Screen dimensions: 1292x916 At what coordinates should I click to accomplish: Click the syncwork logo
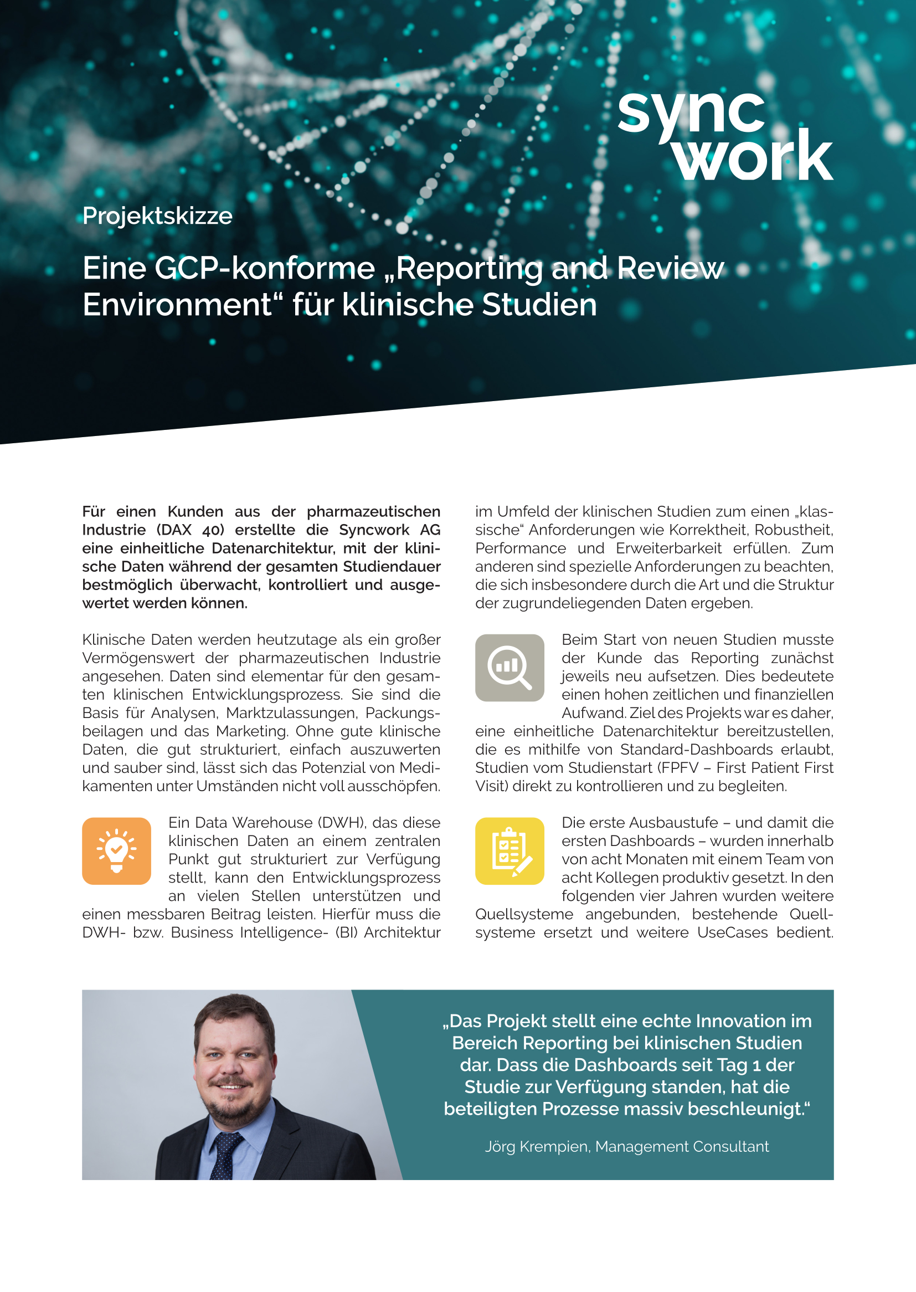click(x=725, y=135)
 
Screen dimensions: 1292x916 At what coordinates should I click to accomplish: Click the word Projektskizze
click(x=157, y=216)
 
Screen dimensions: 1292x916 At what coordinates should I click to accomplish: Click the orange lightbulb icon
click(x=117, y=851)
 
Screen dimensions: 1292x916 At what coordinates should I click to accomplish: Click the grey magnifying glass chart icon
click(x=510, y=668)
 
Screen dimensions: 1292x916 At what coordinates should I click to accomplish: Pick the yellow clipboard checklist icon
click(x=510, y=851)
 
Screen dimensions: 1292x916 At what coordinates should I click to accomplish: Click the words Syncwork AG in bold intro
click(x=389, y=530)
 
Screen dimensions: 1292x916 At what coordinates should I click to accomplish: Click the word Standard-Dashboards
click(x=696, y=750)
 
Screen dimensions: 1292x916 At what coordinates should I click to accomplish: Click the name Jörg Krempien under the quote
click(x=536, y=1146)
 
